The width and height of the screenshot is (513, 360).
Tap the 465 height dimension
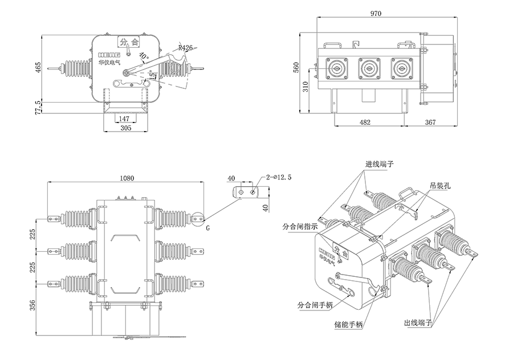[x=38, y=69]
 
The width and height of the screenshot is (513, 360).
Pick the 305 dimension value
[x=126, y=128]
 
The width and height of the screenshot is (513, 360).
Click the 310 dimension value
[x=306, y=87]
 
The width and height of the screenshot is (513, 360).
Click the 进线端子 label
[x=380, y=165]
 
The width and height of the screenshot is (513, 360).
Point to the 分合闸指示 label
[x=300, y=226]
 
